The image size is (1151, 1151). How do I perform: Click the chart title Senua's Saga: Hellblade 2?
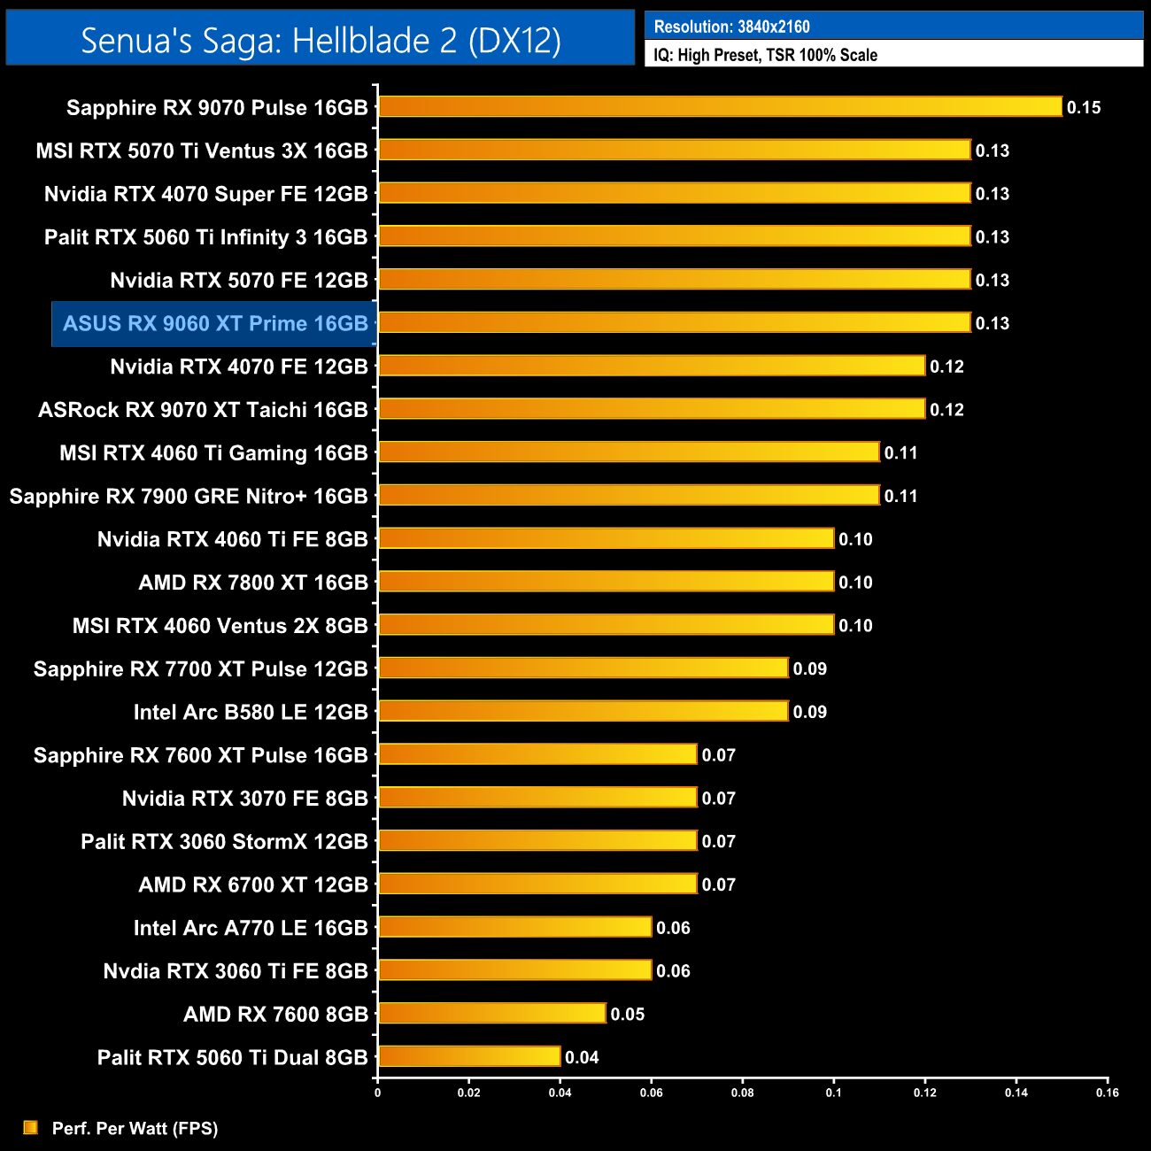click(321, 40)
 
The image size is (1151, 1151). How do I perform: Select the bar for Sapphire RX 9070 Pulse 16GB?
click(720, 107)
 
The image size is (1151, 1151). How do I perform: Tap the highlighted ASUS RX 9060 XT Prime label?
click(215, 323)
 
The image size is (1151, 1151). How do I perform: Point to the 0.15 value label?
click(1083, 108)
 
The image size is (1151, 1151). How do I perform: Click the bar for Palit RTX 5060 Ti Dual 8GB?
click(469, 1056)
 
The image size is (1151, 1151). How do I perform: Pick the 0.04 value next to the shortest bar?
click(582, 1057)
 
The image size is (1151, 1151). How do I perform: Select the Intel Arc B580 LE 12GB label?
click(251, 712)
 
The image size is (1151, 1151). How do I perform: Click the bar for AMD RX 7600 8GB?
click(492, 1013)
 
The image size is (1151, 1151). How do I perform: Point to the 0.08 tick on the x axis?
click(742, 1093)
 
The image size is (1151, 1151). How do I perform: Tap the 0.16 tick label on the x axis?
click(1107, 1093)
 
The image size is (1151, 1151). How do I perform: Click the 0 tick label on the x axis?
click(378, 1093)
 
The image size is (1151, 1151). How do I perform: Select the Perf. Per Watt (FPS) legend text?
click(135, 1128)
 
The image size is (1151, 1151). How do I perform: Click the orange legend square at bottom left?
click(31, 1127)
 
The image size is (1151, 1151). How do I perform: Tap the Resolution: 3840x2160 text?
click(731, 27)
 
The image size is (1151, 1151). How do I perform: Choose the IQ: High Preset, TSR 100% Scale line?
click(765, 55)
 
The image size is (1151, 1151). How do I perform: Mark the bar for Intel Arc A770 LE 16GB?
click(514, 927)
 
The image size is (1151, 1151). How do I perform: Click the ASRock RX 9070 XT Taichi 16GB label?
click(203, 410)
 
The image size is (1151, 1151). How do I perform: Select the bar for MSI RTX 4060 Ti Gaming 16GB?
click(629, 452)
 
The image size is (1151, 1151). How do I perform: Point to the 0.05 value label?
click(627, 1014)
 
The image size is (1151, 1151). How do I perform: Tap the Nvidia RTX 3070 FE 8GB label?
click(244, 799)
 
